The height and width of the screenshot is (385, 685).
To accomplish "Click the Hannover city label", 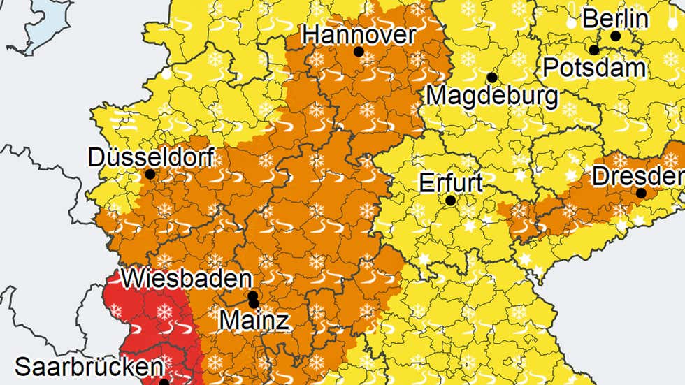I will pyautogui.click(x=359, y=34).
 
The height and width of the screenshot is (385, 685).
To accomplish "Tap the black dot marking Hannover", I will pyautogui.click(x=359, y=52).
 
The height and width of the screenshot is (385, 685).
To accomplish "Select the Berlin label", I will pyautogui.click(x=614, y=19).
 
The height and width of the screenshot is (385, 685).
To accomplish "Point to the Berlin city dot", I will pyautogui.click(x=616, y=36).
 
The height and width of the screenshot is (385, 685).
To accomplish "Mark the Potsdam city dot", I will pyautogui.click(x=593, y=50).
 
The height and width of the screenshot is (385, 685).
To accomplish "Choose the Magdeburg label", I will pyautogui.click(x=492, y=94).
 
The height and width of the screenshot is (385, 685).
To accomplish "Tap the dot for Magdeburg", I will pyautogui.click(x=492, y=78).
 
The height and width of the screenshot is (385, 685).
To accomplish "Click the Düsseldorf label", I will pyautogui.click(x=150, y=157).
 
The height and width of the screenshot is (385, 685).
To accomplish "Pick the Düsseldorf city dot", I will pyautogui.click(x=150, y=174).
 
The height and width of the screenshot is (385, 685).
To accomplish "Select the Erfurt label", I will pyautogui.click(x=451, y=183).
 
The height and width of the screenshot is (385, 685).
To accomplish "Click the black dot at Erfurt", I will pyautogui.click(x=451, y=200).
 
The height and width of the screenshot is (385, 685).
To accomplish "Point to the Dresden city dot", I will pyautogui.click(x=641, y=193).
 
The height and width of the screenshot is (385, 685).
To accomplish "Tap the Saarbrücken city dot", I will pyautogui.click(x=164, y=382).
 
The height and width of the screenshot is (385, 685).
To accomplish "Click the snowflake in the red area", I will pyautogui.click(x=165, y=312).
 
